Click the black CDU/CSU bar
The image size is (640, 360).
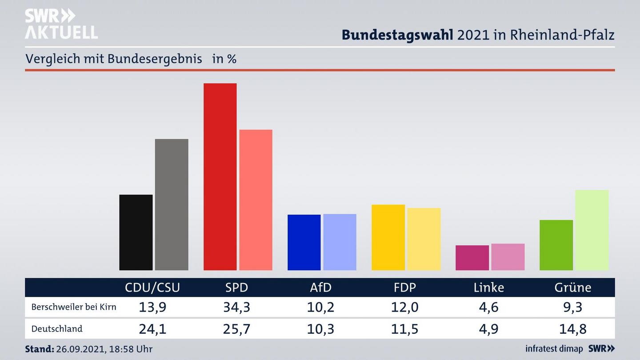pyautogui.click(x=136, y=232)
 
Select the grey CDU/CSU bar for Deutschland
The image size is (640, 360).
pyautogui.click(x=172, y=204)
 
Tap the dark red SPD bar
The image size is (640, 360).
pyautogui.click(x=220, y=176)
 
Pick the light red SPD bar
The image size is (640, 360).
pyautogui.click(x=256, y=200)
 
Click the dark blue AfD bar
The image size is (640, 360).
pyautogui.click(x=304, y=242)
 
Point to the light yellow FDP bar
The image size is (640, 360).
pyautogui.click(x=424, y=239)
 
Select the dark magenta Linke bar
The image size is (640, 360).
pyautogui.click(x=472, y=258)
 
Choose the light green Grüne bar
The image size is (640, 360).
pyautogui.click(x=592, y=230)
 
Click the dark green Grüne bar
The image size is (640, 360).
pyautogui.click(x=556, y=245)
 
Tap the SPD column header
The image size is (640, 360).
pyautogui.click(x=236, y=288)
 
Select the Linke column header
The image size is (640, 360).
pyautogui.click(x=489, y=288)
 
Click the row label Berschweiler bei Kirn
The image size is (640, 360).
pyautogui.click(x=74, y=307)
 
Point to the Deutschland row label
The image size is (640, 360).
pyautogui.click(x=57, y=329)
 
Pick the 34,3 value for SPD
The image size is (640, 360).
pyautogui.click(x=236, y=307)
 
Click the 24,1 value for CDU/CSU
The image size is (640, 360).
pyautogui.click(x=152, y=329)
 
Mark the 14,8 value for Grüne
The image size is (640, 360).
pyautogui.click(x=573, y=329)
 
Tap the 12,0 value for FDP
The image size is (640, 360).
pyautogui.click(x=405, y=307)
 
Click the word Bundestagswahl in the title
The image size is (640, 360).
pyautogui.click(x=397, y=35)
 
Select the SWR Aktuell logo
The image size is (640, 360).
pyautogui.click(x=61, y=24)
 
